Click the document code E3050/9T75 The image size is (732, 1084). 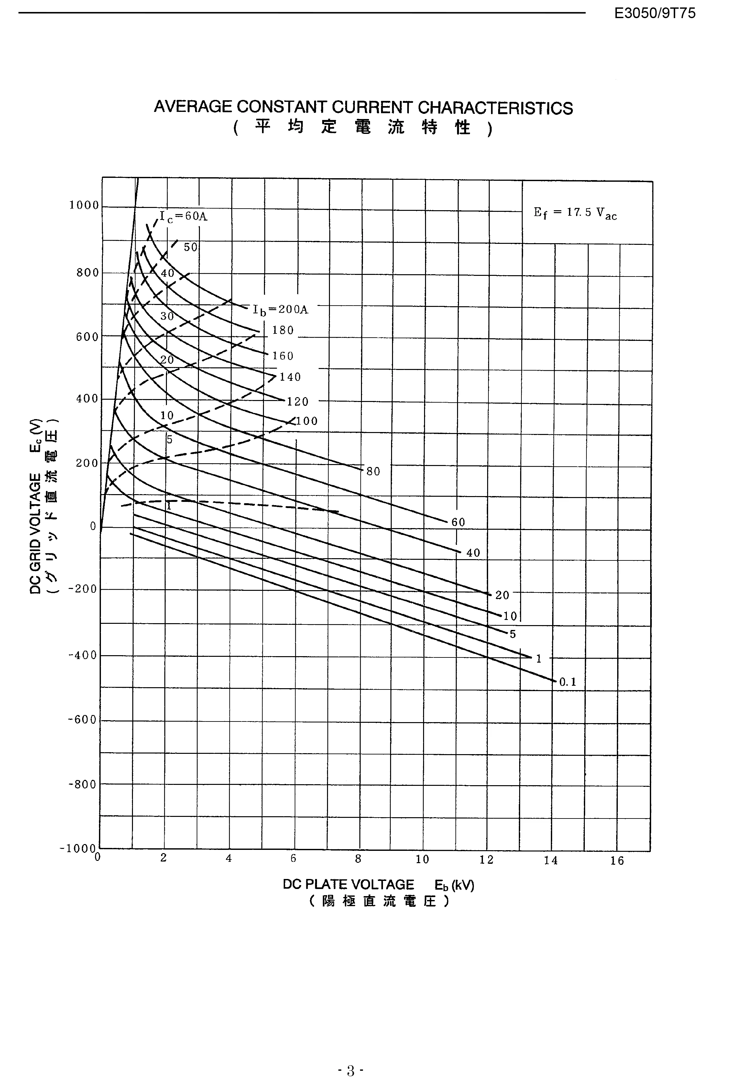[x=655, y=13]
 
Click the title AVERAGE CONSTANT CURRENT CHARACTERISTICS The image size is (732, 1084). [x=363, y=108]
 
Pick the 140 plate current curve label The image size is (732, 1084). [x=290, y=377]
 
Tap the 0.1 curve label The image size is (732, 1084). [x=568, y=682]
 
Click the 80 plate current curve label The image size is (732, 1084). [x=373, y=472]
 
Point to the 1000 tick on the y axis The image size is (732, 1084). [x=84, y=205]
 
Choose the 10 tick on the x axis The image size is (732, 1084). [x=422, y=860]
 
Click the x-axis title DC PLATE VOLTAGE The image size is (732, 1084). [x=348, y=885]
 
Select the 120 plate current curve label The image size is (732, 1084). [x=298, y=402]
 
